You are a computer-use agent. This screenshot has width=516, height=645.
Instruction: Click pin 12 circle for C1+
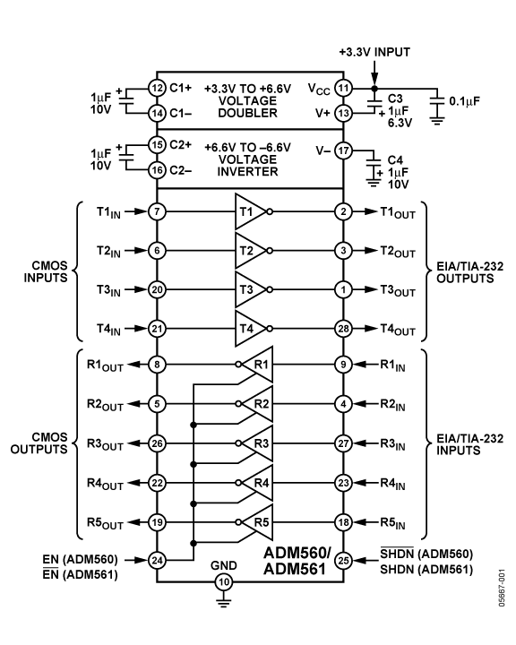(x=157, y=88)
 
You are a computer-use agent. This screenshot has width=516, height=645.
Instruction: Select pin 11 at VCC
(x=343, y=88)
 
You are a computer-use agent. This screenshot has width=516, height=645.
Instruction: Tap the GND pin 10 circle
(x=223, y=581)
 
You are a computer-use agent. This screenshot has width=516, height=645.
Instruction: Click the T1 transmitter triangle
(x=251, y=211)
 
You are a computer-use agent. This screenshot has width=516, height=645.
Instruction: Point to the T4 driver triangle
(x=251, y=328)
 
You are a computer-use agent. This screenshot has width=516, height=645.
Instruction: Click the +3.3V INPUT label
(x=374, y=52)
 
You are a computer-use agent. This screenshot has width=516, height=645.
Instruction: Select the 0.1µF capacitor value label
(x=465, y=101)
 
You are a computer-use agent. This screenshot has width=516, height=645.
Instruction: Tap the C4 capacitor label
(x=395, y=160)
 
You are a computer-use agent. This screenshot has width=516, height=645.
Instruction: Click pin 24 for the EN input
(x=157, y=560)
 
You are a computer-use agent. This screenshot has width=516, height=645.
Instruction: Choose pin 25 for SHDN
(x=343, y=560)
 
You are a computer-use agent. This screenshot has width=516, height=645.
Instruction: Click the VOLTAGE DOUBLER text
(x=248, y=107)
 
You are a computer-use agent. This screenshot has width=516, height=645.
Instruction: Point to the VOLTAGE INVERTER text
(x=248, y=166)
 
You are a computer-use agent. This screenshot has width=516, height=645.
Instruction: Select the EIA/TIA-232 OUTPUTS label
(x=469, y=272)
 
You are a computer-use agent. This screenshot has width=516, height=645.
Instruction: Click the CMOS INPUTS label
(x=46, y=271)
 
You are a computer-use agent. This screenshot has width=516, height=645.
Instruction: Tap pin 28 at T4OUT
(x=343, y=328)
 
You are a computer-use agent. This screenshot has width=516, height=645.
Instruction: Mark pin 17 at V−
(x=343, y=150)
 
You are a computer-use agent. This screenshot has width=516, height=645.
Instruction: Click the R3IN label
(x=392, y=444)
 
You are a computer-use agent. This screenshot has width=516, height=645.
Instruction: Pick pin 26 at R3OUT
(x=157, y=443)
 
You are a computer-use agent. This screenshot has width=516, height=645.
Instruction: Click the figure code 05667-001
(x=501, y=588)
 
